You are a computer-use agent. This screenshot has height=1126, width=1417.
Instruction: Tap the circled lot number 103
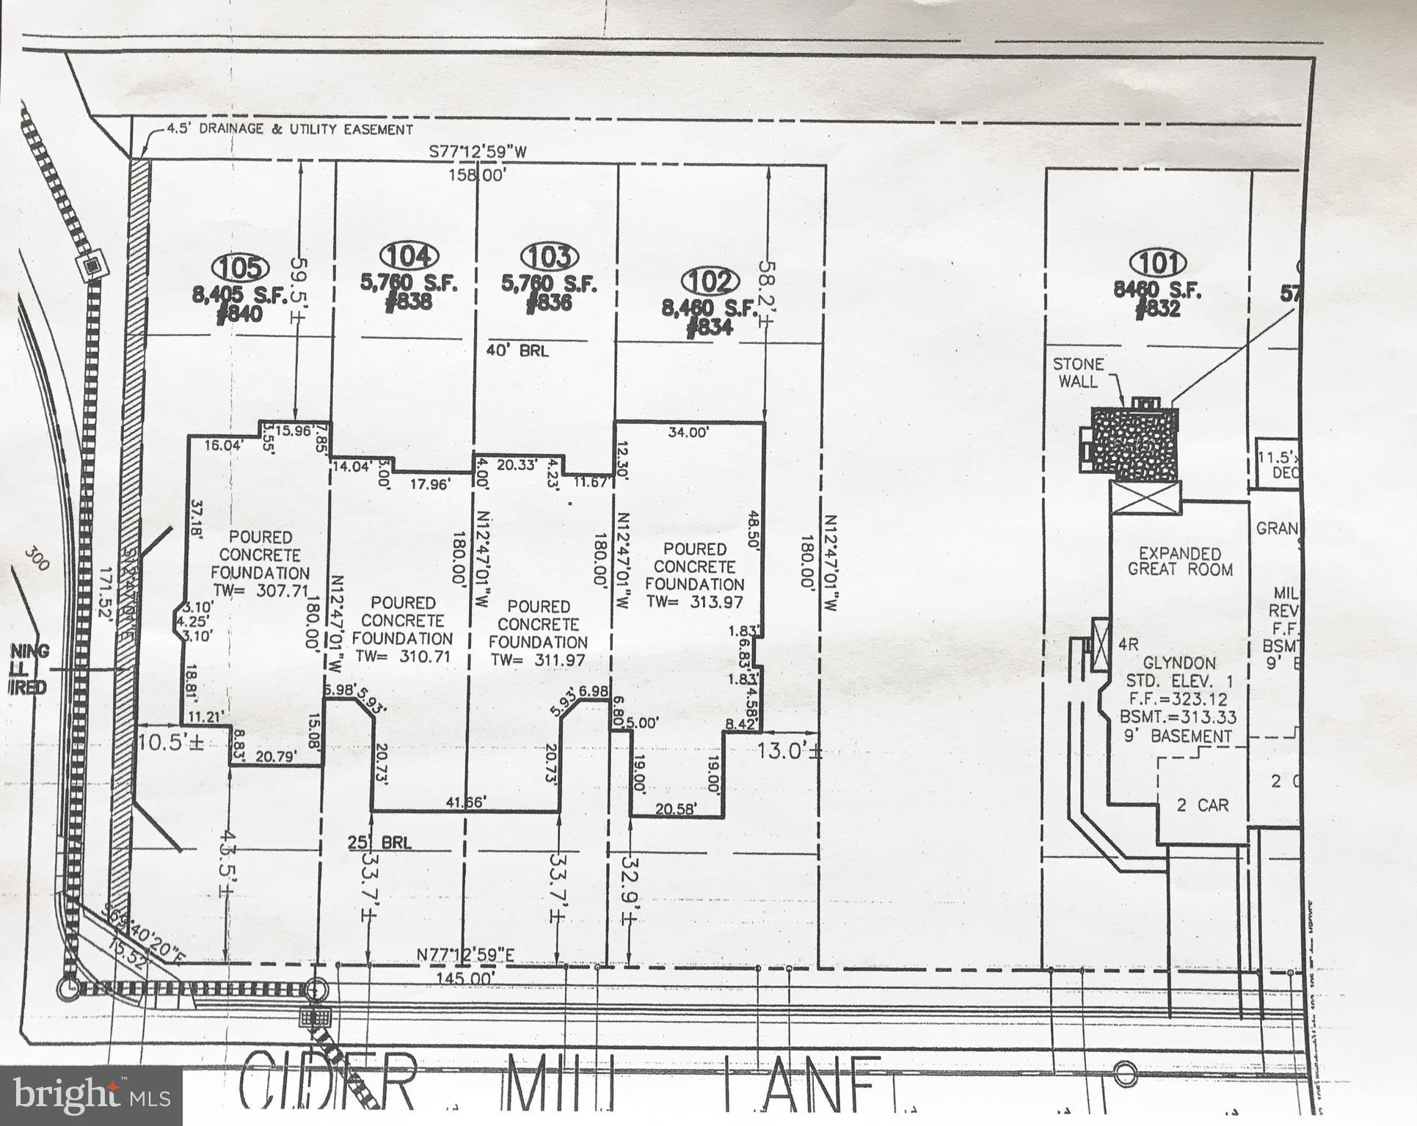point(550,257)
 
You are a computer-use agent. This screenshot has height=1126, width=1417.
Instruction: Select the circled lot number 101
point(1159,263)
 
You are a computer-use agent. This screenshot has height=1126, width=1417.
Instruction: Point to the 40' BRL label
point(517,351)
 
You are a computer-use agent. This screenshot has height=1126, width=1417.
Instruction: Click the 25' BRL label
point(379,842)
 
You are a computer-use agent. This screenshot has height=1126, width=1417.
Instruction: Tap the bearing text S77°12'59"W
point(478,152)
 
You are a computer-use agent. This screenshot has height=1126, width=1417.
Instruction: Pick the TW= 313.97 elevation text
point(694,602)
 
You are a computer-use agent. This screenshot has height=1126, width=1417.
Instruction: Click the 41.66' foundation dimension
point(465,803)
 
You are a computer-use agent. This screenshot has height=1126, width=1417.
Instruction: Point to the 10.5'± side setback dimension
point(171,742)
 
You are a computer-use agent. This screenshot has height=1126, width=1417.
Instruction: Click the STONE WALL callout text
point(1078,373)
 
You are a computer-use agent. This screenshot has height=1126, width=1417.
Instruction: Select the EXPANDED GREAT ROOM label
point(1180,561)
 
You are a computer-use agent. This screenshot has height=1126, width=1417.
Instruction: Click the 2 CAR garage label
point(1202,805)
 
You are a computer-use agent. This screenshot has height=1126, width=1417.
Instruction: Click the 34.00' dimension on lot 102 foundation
point(688,432)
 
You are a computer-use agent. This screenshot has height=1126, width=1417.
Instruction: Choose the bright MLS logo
point(91,1096)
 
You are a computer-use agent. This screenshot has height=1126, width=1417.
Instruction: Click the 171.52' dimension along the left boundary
point(107,596)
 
